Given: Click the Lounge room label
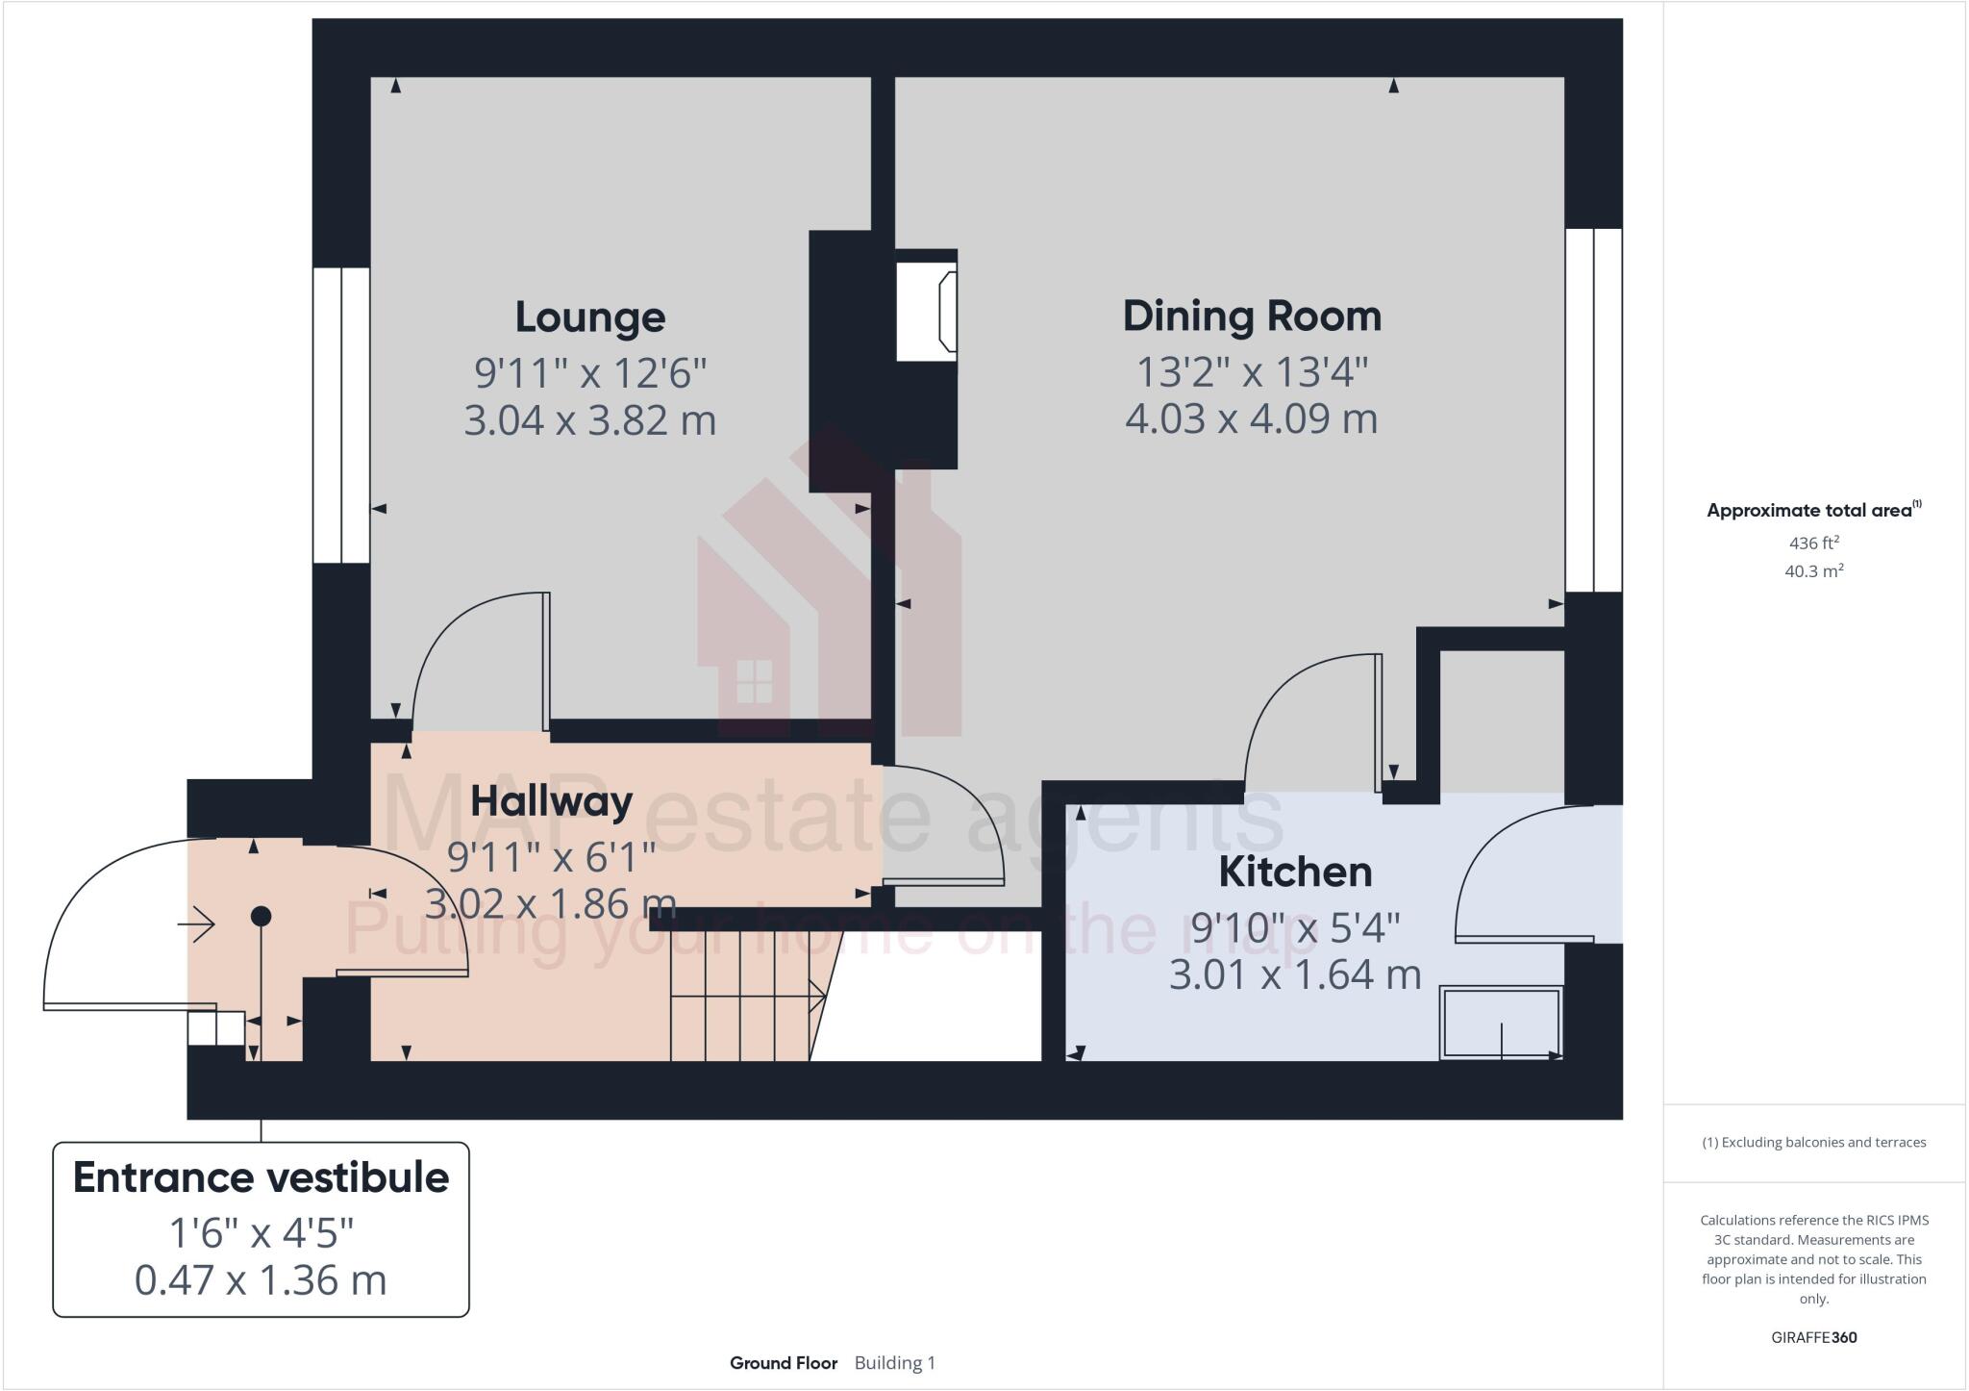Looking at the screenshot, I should point(589,317).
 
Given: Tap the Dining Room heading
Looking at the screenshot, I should point(1252,316).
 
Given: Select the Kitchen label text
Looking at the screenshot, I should point(1295,873).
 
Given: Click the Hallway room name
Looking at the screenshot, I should point(551,801).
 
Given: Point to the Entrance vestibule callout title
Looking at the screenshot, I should point(261,1177).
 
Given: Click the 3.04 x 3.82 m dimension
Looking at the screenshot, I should point(589,420).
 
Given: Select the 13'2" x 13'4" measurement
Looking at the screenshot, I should point(1252,371).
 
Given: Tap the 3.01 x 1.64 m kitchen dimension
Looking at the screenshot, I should point(1295,974).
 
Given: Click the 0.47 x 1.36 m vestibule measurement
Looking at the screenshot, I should point(261,1280).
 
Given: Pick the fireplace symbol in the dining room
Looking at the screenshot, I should point(927,312).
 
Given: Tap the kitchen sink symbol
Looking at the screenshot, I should point(1500,1024).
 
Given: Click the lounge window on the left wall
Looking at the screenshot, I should point(341,415).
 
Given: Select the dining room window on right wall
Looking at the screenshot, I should point(1593,410).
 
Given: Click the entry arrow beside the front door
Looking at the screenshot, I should point(197,923).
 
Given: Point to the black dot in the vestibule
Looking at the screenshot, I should point(261,916).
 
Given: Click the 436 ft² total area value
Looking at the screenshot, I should point(1813,543).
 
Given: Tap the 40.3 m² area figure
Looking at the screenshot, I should point(1813,571).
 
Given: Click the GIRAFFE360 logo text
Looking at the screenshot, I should point(1813,1337).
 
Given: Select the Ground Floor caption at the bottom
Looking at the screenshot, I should point(783,1363).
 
